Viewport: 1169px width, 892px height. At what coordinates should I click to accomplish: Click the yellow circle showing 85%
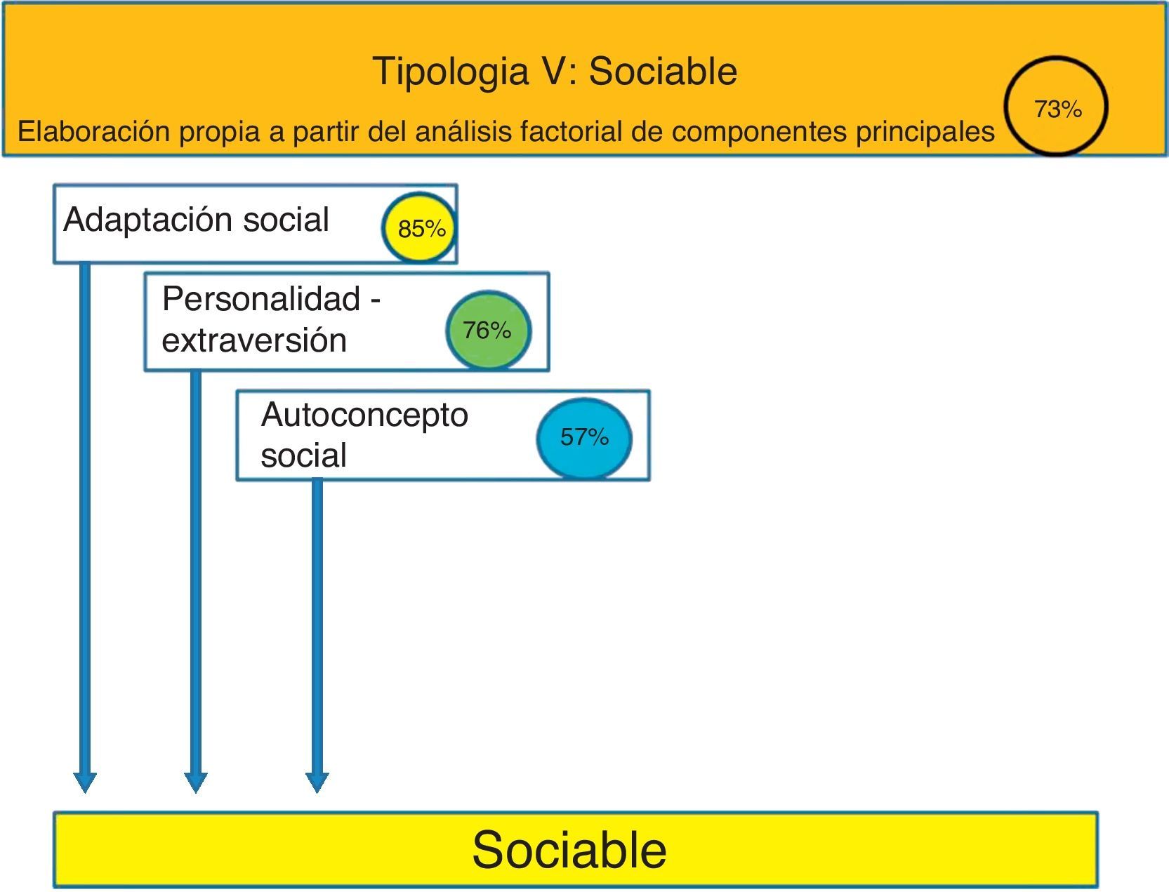pos(420,228)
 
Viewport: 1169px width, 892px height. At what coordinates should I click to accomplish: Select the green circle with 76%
pos(488,330)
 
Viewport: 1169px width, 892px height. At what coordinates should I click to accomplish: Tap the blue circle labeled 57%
pos(584,437)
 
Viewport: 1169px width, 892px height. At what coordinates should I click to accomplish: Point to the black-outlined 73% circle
pos(1056,107)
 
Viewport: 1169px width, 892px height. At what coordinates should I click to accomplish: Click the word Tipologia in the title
pos(450,72)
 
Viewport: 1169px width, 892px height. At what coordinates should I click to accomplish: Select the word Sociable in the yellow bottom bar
pos(569,850)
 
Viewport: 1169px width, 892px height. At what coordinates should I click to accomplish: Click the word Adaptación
pos(147,220)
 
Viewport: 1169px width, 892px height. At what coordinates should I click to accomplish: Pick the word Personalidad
pos(261,299)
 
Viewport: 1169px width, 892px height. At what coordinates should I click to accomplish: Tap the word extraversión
pos(254,340)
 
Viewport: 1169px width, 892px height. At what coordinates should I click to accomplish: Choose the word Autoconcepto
pos(364,414)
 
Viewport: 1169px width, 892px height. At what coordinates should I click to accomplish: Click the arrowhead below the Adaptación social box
pos(85,782)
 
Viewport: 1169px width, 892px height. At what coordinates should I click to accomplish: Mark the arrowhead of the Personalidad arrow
pos(196,782)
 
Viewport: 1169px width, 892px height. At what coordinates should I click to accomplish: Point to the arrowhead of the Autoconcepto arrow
pos(317,782)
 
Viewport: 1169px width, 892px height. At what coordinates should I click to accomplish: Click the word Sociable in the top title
pos(663,72)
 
